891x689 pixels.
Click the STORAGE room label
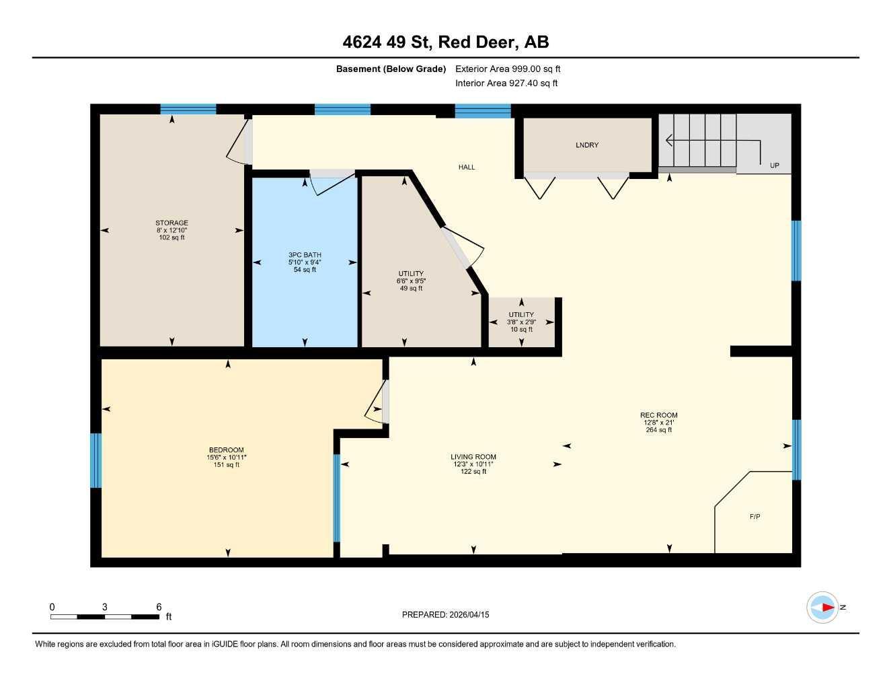tap(171, 223)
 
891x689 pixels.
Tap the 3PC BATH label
tap(305, 255)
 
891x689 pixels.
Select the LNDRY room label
tap(586, 145)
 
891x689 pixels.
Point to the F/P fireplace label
tap(754, 517)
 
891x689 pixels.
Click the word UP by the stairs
tap(774, 166)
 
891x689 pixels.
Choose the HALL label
tap(466, 167)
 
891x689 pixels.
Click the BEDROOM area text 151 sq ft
tap(226, 465)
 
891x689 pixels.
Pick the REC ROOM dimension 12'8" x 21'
tap(658, 423)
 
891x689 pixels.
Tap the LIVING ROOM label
tap(473, 457)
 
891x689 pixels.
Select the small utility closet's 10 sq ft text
tap(521, 330)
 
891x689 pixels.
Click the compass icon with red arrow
tap(822, 608)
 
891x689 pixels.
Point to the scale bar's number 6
tap(159, 607)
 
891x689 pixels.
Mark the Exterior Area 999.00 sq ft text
tap(508, 69)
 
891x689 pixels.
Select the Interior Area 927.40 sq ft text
tap(506, 83)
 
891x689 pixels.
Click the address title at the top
tap(445, 42)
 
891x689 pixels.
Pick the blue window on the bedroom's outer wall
tap(96, 460)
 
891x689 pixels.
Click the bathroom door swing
tap(332, 182)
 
